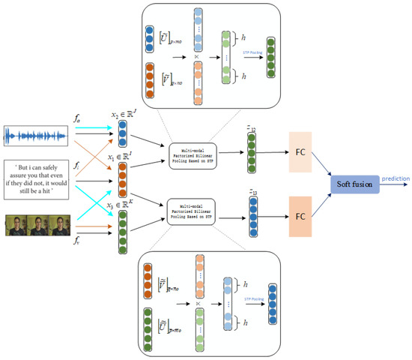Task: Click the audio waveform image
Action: (x=36, y=136)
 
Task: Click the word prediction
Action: (x=393, y=178)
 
